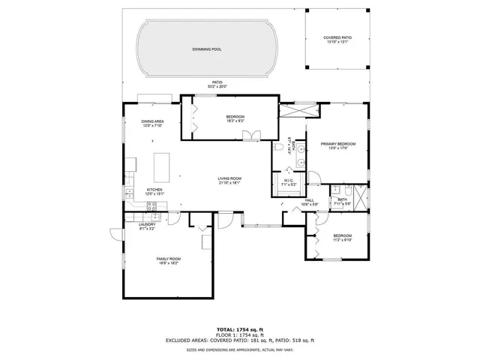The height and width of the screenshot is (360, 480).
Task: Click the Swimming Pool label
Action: coord(206,49)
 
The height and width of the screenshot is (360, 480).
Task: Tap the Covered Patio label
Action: coord(337,39)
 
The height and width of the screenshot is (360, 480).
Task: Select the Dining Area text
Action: coord(153,122)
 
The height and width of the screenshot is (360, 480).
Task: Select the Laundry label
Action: coord(146,226)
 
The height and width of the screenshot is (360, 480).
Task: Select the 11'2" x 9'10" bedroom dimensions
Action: coord(342,240)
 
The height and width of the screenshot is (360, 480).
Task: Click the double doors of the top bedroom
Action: coord(252,136)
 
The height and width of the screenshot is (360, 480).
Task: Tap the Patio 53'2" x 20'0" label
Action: coord(217,85)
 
